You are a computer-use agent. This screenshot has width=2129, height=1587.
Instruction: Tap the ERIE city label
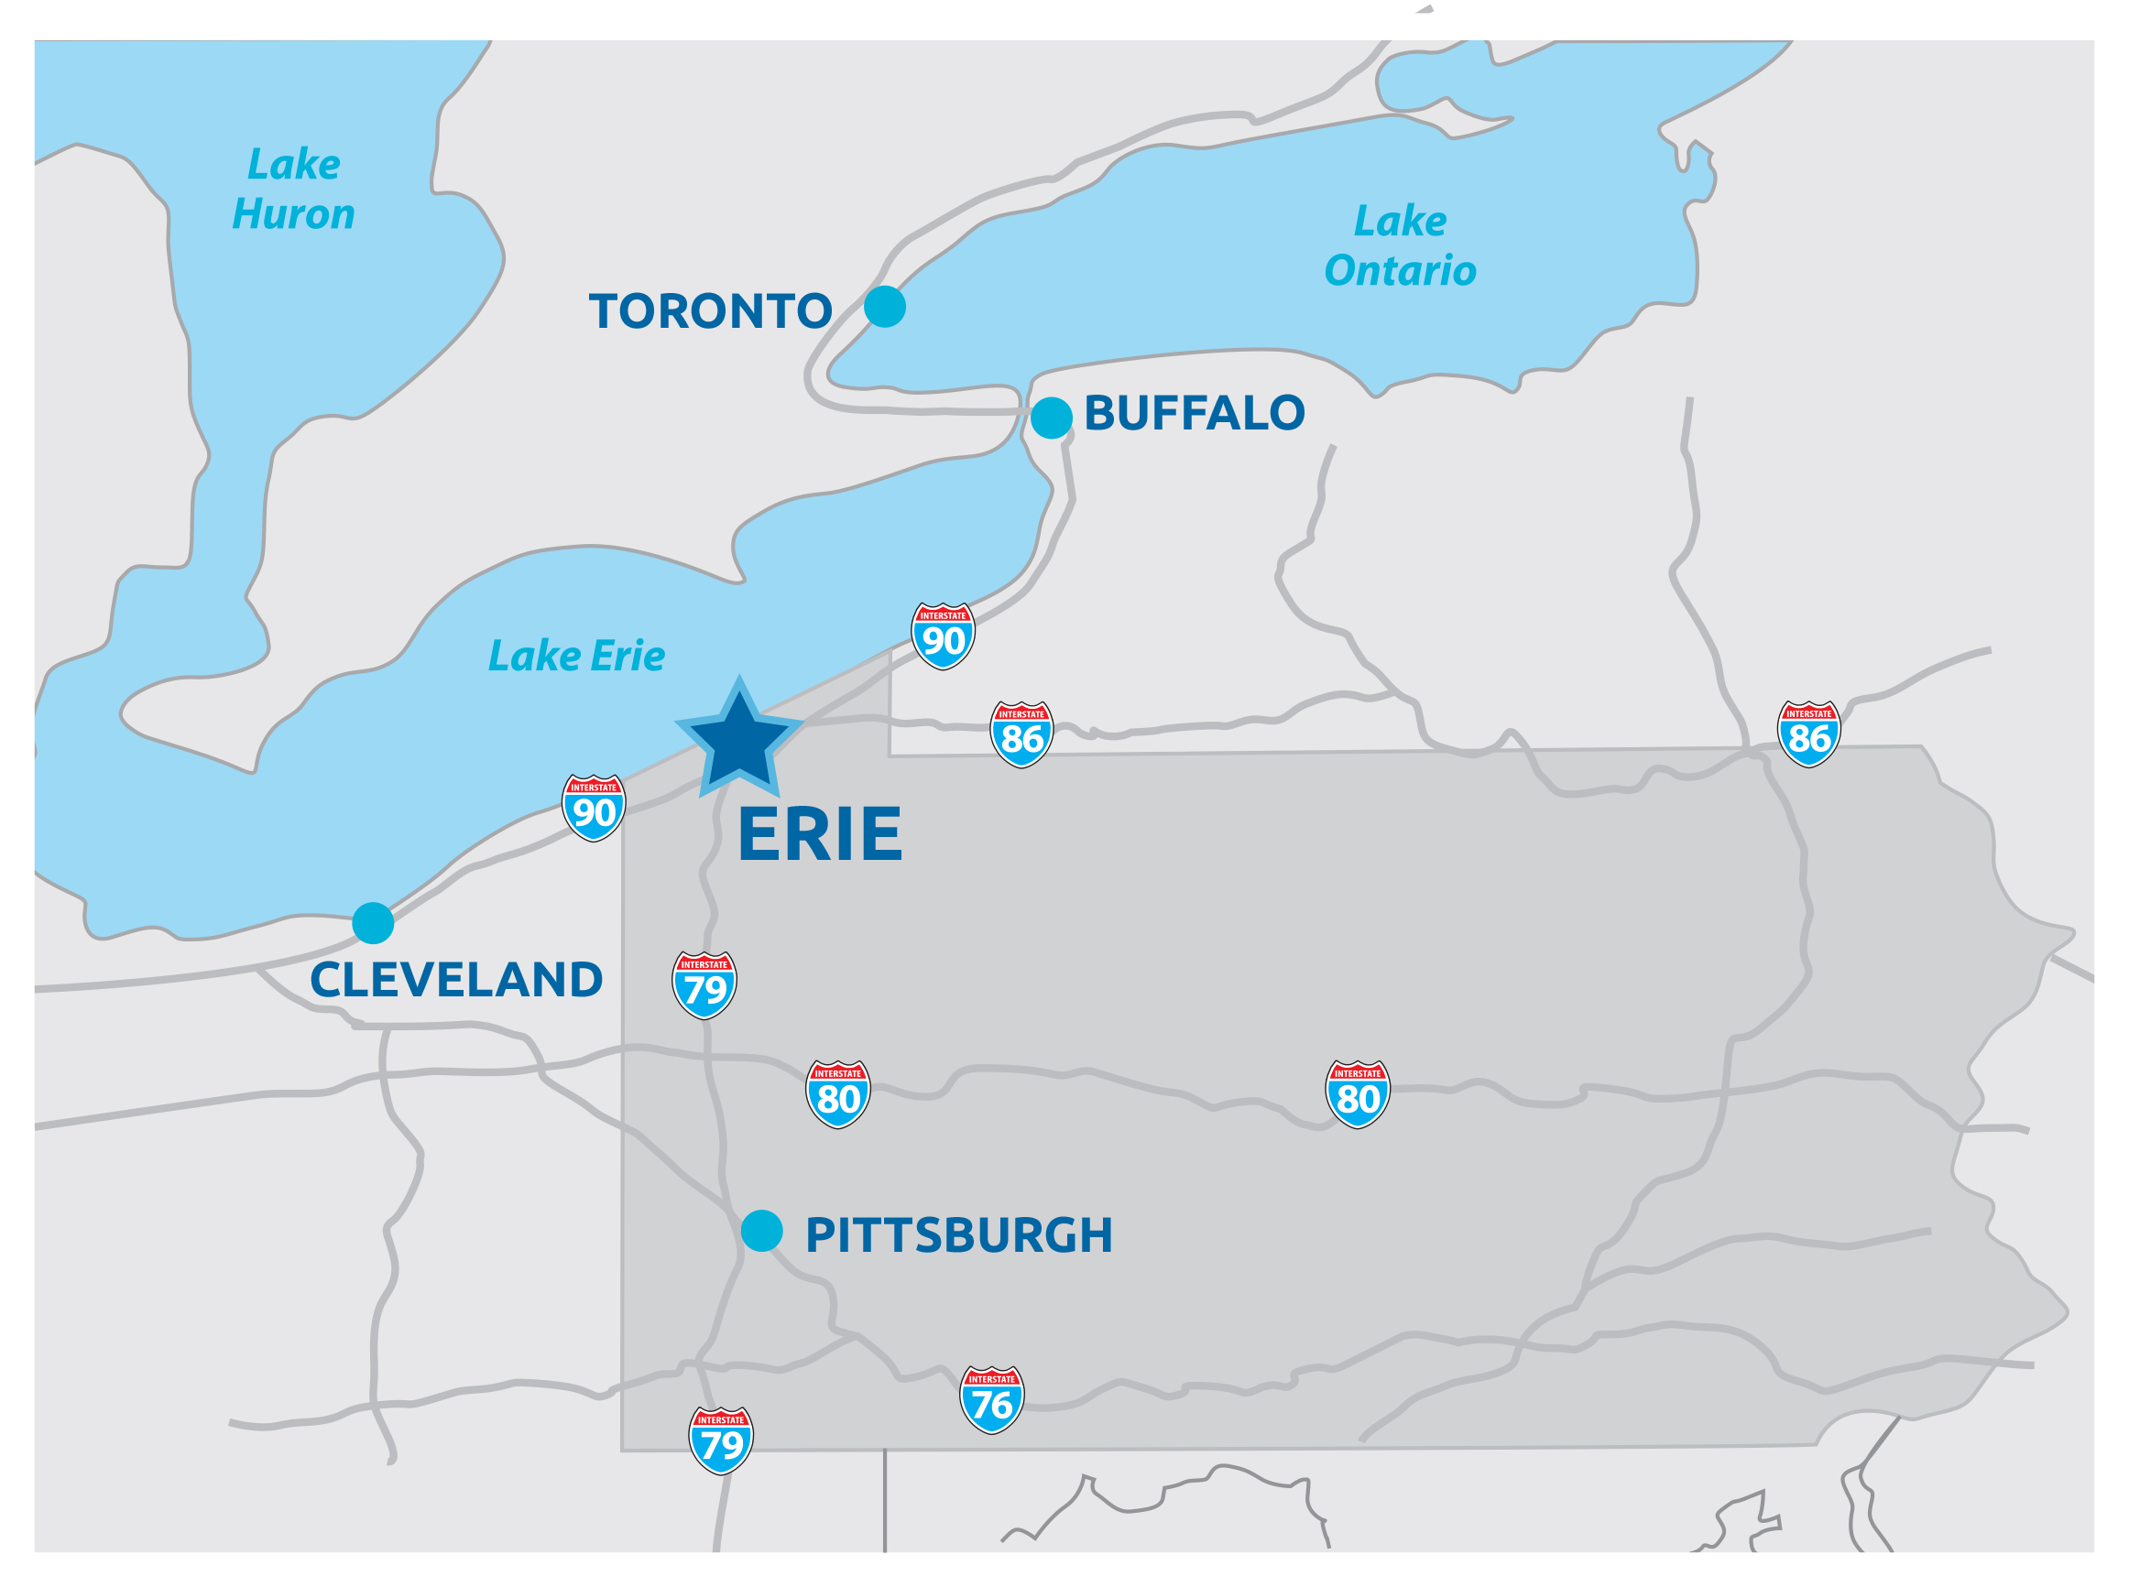point(820,834)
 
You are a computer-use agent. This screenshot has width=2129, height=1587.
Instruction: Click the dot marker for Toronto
point(884,307)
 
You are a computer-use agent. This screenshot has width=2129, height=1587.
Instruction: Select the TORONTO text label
point(710,311)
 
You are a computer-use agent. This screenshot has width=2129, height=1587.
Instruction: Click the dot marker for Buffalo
point(1051,418)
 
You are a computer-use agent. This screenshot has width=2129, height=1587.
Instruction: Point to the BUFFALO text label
point(1195,413)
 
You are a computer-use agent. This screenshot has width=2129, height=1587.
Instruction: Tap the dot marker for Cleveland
point(373,923)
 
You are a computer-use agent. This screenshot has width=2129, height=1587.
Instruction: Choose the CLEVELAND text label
point(456,980)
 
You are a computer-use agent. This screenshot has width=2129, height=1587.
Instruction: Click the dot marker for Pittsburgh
point(761,1231)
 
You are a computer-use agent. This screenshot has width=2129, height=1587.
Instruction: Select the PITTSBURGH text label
point(959,1235)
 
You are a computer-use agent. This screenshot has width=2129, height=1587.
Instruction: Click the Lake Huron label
point(294,190)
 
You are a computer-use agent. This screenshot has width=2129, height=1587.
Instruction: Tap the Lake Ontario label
point(1400,246)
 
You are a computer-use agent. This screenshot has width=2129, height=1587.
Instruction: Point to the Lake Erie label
point(576,656)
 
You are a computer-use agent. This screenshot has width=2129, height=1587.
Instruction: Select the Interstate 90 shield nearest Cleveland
point(593,808)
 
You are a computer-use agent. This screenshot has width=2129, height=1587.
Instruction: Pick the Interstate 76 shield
point(991,1399)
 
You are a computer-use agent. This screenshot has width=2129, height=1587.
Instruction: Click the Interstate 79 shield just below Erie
point(704,984)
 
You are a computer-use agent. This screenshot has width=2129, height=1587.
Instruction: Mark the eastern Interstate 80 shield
point(1357,1094)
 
